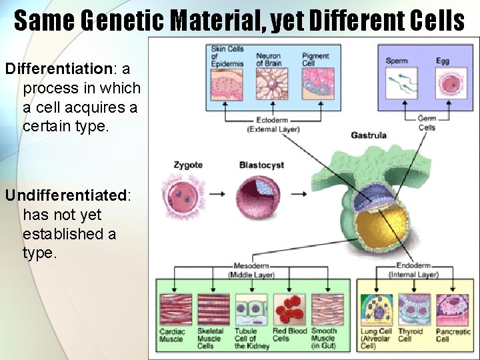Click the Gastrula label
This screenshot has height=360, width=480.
pos(369,135)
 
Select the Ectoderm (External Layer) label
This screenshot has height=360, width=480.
pos(273,125)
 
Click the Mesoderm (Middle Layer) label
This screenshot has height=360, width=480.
pos(251,270)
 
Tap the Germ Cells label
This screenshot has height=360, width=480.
pos(427,123)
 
